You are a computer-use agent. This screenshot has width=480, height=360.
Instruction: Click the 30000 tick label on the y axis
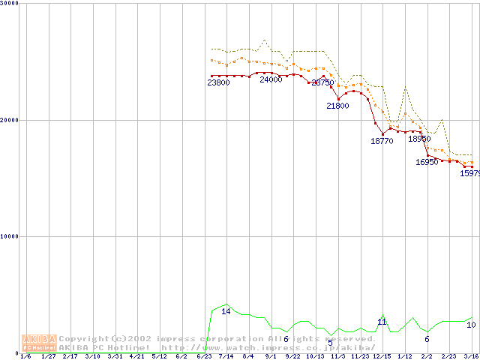click(x=9, y=4)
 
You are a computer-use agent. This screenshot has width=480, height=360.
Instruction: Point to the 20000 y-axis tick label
click(x=9, y=120)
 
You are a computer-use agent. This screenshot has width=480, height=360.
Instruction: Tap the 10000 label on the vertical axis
click(x=9, y=236)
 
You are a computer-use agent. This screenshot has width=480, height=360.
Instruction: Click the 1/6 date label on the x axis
click(x=26, y=356)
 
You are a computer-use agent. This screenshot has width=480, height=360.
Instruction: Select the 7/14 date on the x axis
click(x=226, y=356)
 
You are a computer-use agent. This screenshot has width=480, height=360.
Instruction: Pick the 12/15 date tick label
click(x=382, y=356)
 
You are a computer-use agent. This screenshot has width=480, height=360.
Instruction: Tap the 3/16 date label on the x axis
click(x=471, y=356)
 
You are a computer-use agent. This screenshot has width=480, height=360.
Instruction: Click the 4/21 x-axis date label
click(x=137, y=356)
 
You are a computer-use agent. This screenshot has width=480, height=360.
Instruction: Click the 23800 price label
click(x=218, y=82)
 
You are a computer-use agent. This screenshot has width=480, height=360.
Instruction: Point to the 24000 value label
click(x=271, y=79)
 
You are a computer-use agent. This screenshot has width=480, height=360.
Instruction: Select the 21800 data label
click(x=337, y=106)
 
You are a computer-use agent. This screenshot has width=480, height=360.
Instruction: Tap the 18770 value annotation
click(x=382, y=140)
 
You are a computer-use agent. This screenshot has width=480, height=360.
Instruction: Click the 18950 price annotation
click(x=419, y=139)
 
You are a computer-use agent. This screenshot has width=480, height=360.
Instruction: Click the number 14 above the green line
click(x=226, y=311)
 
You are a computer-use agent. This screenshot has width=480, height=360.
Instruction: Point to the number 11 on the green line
click(x=382, y=322)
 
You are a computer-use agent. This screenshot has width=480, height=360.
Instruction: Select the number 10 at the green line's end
click(x=471, y=325)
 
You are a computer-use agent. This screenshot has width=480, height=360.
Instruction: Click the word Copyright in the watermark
click(x=85, y=339)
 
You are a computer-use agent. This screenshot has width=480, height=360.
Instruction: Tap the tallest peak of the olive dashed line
click(x=264, y=40)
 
